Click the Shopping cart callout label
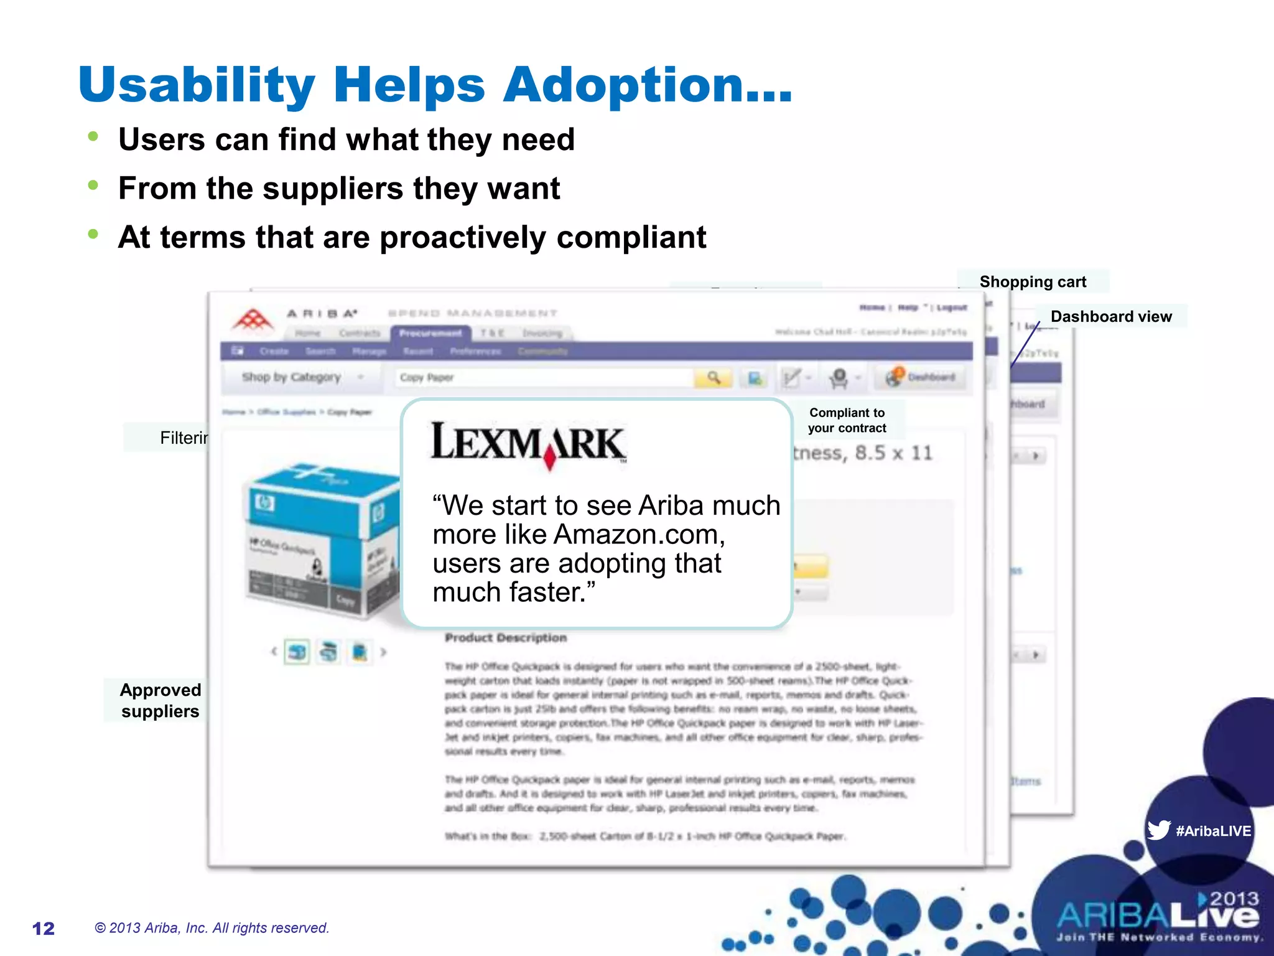pos(1033,282)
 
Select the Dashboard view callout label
pos(1111,317)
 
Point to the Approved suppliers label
pos(160,701)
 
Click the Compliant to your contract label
pos(847,421)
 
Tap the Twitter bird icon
pos(1158,830)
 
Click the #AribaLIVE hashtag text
pos(1213,831)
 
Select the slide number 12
pos(44,929)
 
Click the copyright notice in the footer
pos(212,928)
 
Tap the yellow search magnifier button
pos(714,378)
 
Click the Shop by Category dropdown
pos(302,377)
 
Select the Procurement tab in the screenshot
pos(430,334)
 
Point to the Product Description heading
pos(506,638)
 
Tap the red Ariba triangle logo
pos(253,320)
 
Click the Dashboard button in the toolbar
pos(923,377)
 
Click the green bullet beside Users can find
pos(93,136)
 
